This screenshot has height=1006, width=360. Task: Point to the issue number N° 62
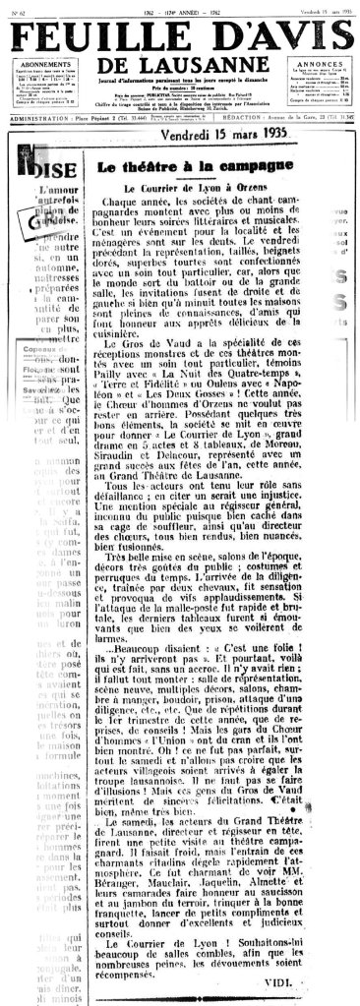(13, 5)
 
